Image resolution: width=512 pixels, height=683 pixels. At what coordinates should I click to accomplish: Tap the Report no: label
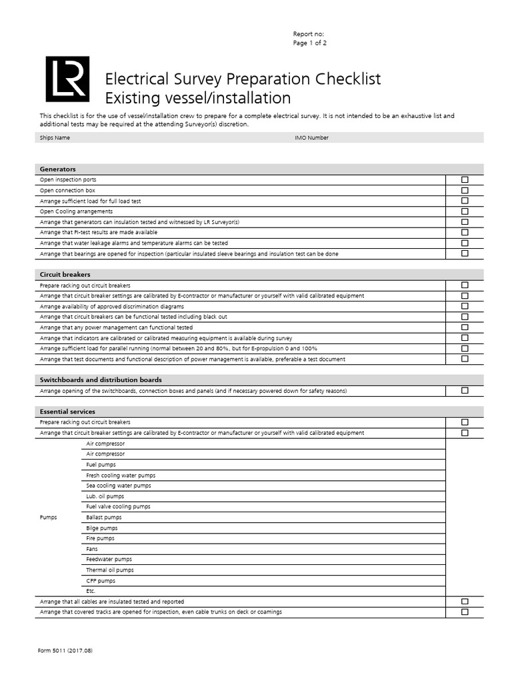pos(309,34)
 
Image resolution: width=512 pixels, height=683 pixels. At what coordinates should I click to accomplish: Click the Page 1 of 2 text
pos(310,43)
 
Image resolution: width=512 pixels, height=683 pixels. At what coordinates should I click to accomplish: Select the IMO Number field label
pos(311,138)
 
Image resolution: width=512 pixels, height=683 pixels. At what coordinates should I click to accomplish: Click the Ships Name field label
pos(55,138)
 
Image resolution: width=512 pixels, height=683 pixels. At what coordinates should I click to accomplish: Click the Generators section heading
pos(58,169)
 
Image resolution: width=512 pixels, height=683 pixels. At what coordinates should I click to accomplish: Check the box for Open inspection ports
pos(465,180)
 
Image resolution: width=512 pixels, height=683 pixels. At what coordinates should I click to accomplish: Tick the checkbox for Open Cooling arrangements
pos(465,211)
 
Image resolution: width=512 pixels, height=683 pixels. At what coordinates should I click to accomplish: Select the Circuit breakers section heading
pos(65,274)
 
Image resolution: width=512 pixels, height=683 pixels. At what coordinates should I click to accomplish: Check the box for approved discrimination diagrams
pos(465,306)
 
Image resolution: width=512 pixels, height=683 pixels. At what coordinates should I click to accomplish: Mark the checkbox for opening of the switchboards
pos(465,391)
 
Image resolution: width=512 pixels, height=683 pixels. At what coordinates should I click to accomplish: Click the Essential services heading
pos(67,412)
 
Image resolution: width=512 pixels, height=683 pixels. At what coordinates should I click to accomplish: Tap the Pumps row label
pos(49,518)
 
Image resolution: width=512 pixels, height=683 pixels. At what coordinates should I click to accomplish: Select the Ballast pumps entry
pos(104,518)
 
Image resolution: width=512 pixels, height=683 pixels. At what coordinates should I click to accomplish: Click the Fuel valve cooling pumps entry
pos(118,507)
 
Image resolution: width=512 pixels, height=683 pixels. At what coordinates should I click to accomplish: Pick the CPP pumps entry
pos(101,581)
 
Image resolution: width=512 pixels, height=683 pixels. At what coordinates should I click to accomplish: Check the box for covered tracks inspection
pos(465,612)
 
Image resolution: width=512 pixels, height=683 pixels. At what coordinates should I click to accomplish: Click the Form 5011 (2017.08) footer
pos(65,650)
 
